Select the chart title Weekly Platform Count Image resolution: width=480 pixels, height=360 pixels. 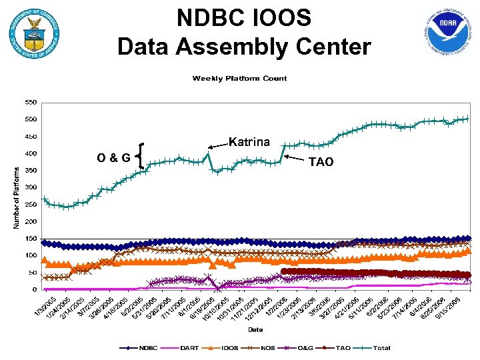click(239, 79)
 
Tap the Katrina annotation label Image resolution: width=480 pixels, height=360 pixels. click(249, 142)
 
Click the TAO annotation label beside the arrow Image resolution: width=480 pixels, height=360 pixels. click(321, 161)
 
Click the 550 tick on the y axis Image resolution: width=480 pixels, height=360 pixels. click(31, 103)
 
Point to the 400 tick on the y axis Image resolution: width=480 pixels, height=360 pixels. click(31, 154)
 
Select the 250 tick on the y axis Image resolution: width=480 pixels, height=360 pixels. click(31, 205)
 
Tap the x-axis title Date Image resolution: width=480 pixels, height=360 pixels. click(255, 329)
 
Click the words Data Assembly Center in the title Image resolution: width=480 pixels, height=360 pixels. click(243, 47)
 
